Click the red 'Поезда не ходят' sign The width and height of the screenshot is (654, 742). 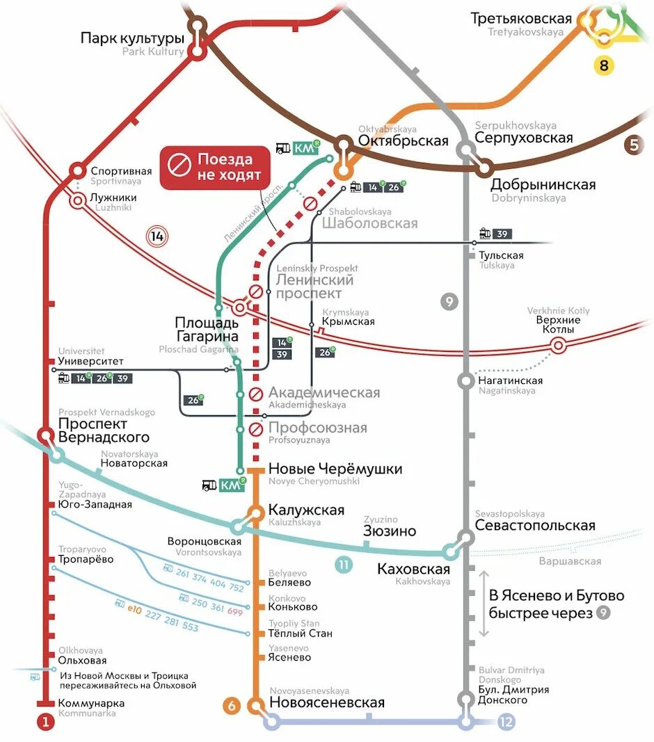coord(216,168)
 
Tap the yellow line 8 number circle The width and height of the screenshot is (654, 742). coord(604,66)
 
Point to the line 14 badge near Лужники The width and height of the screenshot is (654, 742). coord(157,236)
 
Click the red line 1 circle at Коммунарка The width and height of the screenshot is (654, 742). coord(45,723)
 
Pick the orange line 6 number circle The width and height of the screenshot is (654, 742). coord(232,706)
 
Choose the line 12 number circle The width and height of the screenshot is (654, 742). coord(506,723)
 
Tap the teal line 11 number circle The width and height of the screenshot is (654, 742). coord(344,565)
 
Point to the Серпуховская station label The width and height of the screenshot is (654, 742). coord(524,138)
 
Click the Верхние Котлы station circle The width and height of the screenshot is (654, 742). coord(558,346)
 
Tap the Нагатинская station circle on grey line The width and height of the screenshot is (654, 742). coord(465,380)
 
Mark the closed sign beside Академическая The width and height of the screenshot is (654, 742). coord(256,394)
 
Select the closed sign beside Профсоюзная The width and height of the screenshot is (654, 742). coord(256,428)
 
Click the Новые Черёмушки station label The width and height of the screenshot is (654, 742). coord(335,469)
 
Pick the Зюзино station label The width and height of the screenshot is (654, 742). coord(390,531)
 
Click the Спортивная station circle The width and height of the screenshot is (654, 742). coord(77,170)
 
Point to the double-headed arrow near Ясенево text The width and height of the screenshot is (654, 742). coord(482,604)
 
